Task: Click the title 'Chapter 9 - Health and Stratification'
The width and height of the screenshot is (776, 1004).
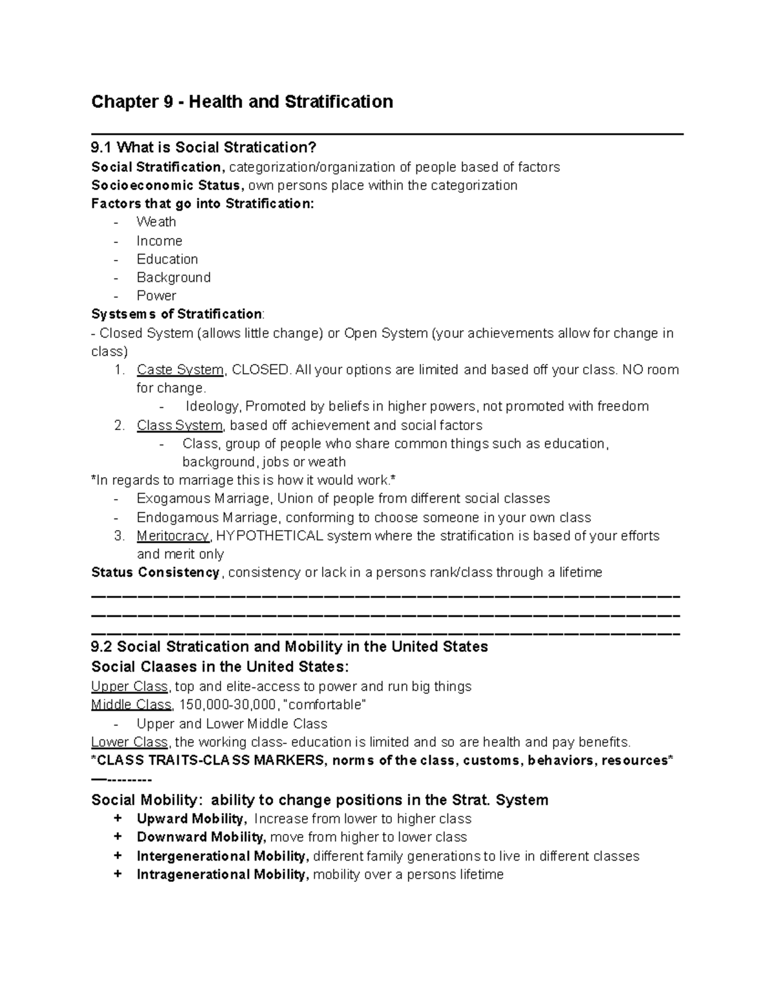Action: coord(242,102)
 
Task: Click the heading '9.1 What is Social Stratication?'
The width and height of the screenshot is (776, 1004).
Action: coord(204,148)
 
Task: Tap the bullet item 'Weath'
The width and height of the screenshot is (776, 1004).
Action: coord(156,222)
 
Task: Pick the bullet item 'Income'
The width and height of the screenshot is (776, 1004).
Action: coord(159,240)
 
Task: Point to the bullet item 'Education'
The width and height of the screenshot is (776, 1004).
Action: coord(167,259)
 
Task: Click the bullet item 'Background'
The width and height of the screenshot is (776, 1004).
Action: coord(173,277)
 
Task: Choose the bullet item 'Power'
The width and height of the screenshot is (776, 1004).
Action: coord(156,295)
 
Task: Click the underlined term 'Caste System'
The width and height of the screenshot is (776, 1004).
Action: coord(180,370)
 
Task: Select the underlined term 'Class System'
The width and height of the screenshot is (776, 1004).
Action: coord(179,425)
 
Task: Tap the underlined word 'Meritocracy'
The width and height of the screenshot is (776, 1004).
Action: coord(173,536)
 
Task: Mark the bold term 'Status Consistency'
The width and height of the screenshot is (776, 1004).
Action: coord(155,573)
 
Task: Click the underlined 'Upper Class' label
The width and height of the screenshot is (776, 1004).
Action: coord(129,687)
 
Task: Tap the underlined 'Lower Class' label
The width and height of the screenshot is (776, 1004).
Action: coord(129,742)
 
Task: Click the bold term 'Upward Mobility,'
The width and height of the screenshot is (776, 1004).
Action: coord(191,819)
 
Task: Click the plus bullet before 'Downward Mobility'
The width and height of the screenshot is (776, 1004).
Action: coord(118,837)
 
